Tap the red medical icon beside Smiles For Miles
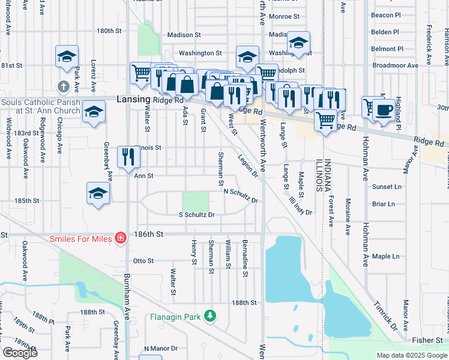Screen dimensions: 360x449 [x=121, y=238]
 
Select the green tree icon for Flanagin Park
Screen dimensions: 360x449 [x=209, y=315]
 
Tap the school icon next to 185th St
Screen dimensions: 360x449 [x=98, y=193]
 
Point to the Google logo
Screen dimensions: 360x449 [x=20, y=353]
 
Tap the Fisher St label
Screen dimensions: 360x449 [x=427, y=340]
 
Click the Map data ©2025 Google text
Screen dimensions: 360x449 [x=411, y=355]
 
